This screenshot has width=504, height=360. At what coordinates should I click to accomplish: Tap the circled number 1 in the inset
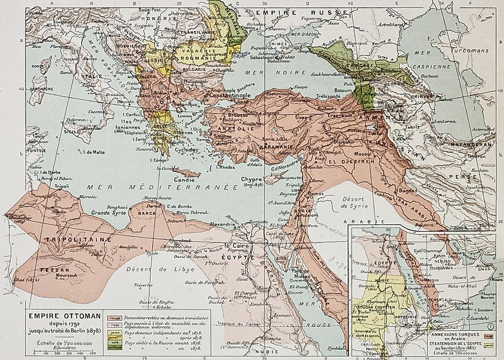[x=490, y=326]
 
